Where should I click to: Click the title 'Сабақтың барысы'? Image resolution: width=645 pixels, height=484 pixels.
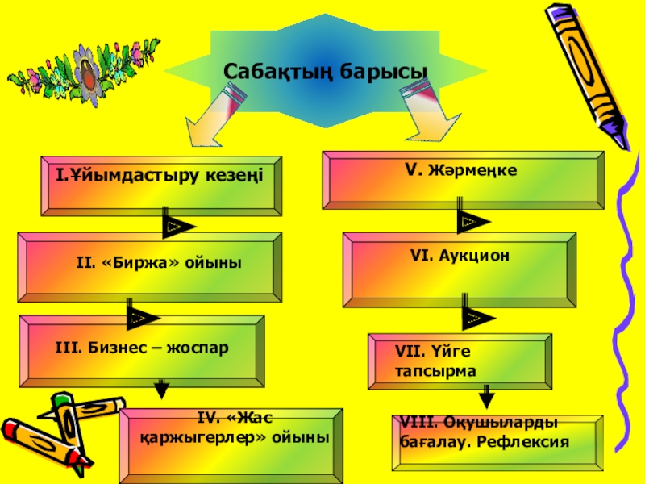click(x=325, y=73)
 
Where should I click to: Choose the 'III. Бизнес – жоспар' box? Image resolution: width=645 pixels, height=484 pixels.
click(x=142, y=348)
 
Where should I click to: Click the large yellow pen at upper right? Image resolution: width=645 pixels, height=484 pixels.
click(x=586, y=73)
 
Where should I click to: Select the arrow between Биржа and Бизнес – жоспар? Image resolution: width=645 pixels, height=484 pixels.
click(x=144, y=315)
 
